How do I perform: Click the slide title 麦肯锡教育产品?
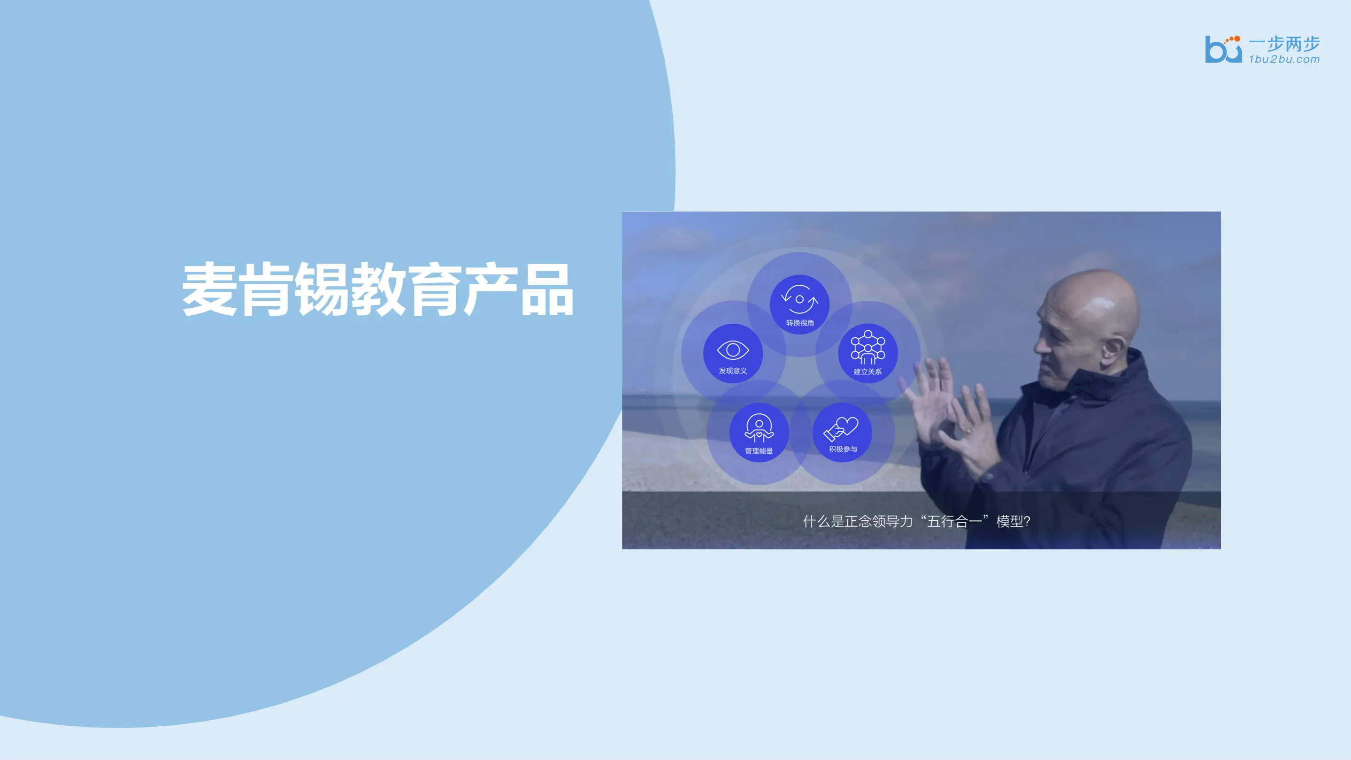377,289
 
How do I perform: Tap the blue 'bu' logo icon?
1223,49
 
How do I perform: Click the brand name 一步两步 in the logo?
1284,44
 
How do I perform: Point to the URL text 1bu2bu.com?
1284,59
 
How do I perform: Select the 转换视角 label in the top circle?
800,323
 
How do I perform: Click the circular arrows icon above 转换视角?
799,299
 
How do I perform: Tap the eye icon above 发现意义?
733,350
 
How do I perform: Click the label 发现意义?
733,371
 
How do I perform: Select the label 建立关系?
867,372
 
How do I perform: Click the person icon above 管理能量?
759,428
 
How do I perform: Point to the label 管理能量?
759,451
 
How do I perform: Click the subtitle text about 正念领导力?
917,521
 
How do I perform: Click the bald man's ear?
1113,349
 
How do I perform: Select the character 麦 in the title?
209,289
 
